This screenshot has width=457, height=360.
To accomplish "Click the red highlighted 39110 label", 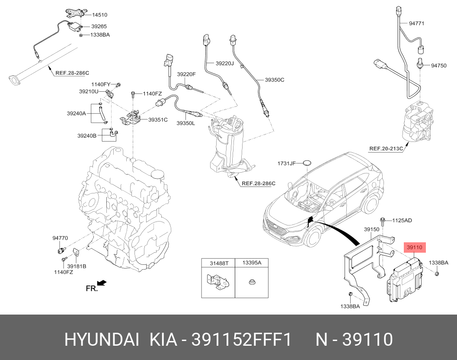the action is pos(415,247).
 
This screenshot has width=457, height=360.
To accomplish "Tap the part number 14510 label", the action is pos(100,15).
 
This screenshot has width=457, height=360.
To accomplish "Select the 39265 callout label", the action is pos(99,26).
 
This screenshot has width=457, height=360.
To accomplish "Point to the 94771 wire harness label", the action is pos(416,23).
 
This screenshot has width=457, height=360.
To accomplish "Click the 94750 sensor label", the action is pos(439,66).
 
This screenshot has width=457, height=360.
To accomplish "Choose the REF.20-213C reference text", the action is pos(386,148).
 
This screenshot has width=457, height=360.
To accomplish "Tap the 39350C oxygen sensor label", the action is pos(274,80).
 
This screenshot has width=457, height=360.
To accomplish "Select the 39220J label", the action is pos(225,63).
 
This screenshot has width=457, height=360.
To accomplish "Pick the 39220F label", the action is pos(186,74).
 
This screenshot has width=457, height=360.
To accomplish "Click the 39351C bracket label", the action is pos(158,119).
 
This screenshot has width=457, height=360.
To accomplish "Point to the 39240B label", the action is pos(87,136).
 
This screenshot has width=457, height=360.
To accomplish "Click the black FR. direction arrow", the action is pos(102,283).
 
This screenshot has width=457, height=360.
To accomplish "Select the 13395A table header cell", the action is pos(252,263).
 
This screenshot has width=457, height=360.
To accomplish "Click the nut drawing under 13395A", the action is pos(252,282).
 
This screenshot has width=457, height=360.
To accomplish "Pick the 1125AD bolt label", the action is pos(402,220).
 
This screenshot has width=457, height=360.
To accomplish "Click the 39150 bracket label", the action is pos(371,229).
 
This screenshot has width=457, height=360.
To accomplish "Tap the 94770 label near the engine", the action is pos(60,238).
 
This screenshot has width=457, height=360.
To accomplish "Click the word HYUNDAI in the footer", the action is pos(102,340).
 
